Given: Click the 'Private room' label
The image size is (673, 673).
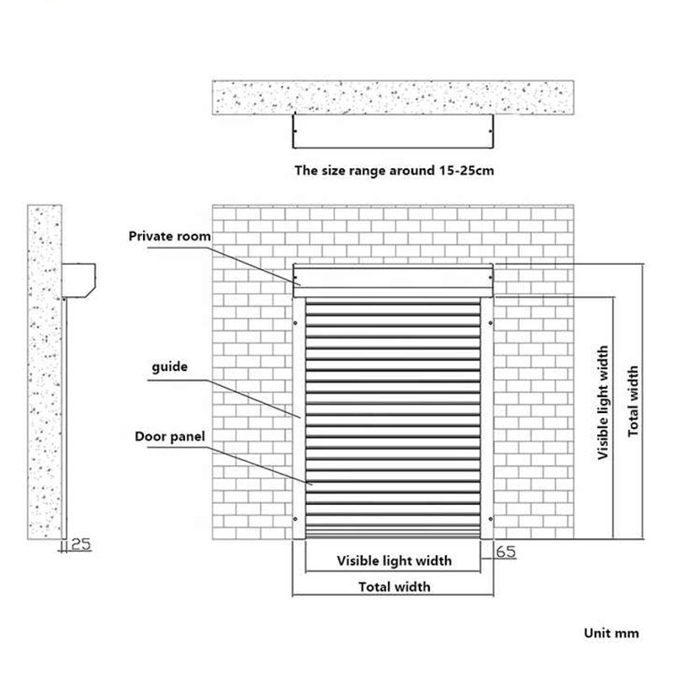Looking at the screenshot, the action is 170,236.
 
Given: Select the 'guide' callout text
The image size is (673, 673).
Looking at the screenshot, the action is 170,367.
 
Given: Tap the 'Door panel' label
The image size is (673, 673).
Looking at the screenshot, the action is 170,437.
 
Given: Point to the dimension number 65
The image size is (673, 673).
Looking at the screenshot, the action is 506,552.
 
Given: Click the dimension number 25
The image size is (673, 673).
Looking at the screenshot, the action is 81,544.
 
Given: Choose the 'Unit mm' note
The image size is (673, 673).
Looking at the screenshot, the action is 612,633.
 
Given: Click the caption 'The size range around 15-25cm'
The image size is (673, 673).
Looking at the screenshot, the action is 394,171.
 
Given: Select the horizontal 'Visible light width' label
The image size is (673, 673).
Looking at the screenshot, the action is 394,560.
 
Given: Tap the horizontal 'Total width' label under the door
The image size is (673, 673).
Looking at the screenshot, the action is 394,586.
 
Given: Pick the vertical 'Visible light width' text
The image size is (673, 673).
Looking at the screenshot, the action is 603,403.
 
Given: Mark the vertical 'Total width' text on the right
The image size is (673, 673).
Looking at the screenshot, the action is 633,401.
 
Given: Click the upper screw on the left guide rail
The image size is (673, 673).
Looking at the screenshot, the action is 295,323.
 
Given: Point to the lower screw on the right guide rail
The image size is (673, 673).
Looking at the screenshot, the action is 490,519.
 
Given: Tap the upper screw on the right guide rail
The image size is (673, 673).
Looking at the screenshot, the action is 490,323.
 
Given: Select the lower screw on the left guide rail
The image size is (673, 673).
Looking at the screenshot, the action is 295,519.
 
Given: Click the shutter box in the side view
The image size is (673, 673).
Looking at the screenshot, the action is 78,280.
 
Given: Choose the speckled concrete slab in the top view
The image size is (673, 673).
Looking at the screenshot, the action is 393,97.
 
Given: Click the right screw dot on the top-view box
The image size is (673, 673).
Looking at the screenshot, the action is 490,131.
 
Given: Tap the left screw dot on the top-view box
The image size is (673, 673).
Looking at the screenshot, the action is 295,131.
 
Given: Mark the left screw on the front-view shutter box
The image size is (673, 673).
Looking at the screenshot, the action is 295,278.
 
